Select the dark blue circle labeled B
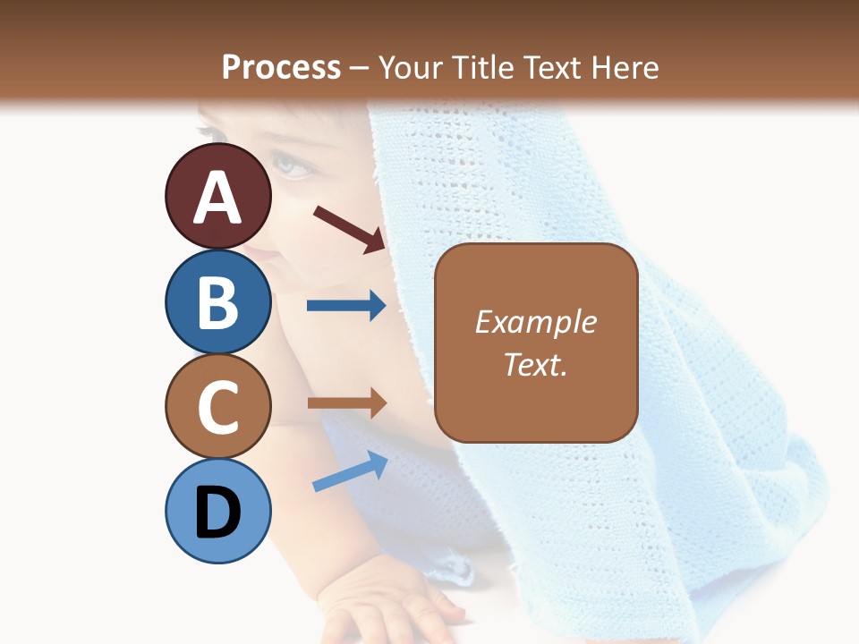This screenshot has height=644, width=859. (218, 301)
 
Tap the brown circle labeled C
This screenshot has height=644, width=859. (218, 406)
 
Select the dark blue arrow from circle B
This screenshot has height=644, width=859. (346, 306)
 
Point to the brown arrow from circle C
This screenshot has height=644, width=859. (346, 403)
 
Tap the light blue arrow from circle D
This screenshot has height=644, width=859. (350, 472)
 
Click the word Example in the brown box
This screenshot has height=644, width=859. (536, 322)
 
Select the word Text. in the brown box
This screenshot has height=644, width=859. (536, 365)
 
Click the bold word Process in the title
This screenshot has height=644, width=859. (281, 67)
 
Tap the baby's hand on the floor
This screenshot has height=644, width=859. (394, 608)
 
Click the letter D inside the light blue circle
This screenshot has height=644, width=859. (218, 514)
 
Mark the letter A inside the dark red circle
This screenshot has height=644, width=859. (218, 199)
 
